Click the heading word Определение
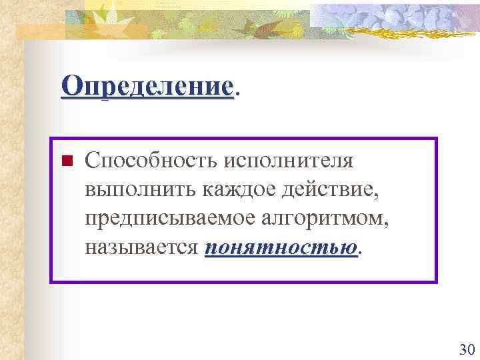[147, 87]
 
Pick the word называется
[141, 248]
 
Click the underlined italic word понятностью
[281, 248]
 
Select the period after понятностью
[361, 254]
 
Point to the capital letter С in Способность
[91, 161]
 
